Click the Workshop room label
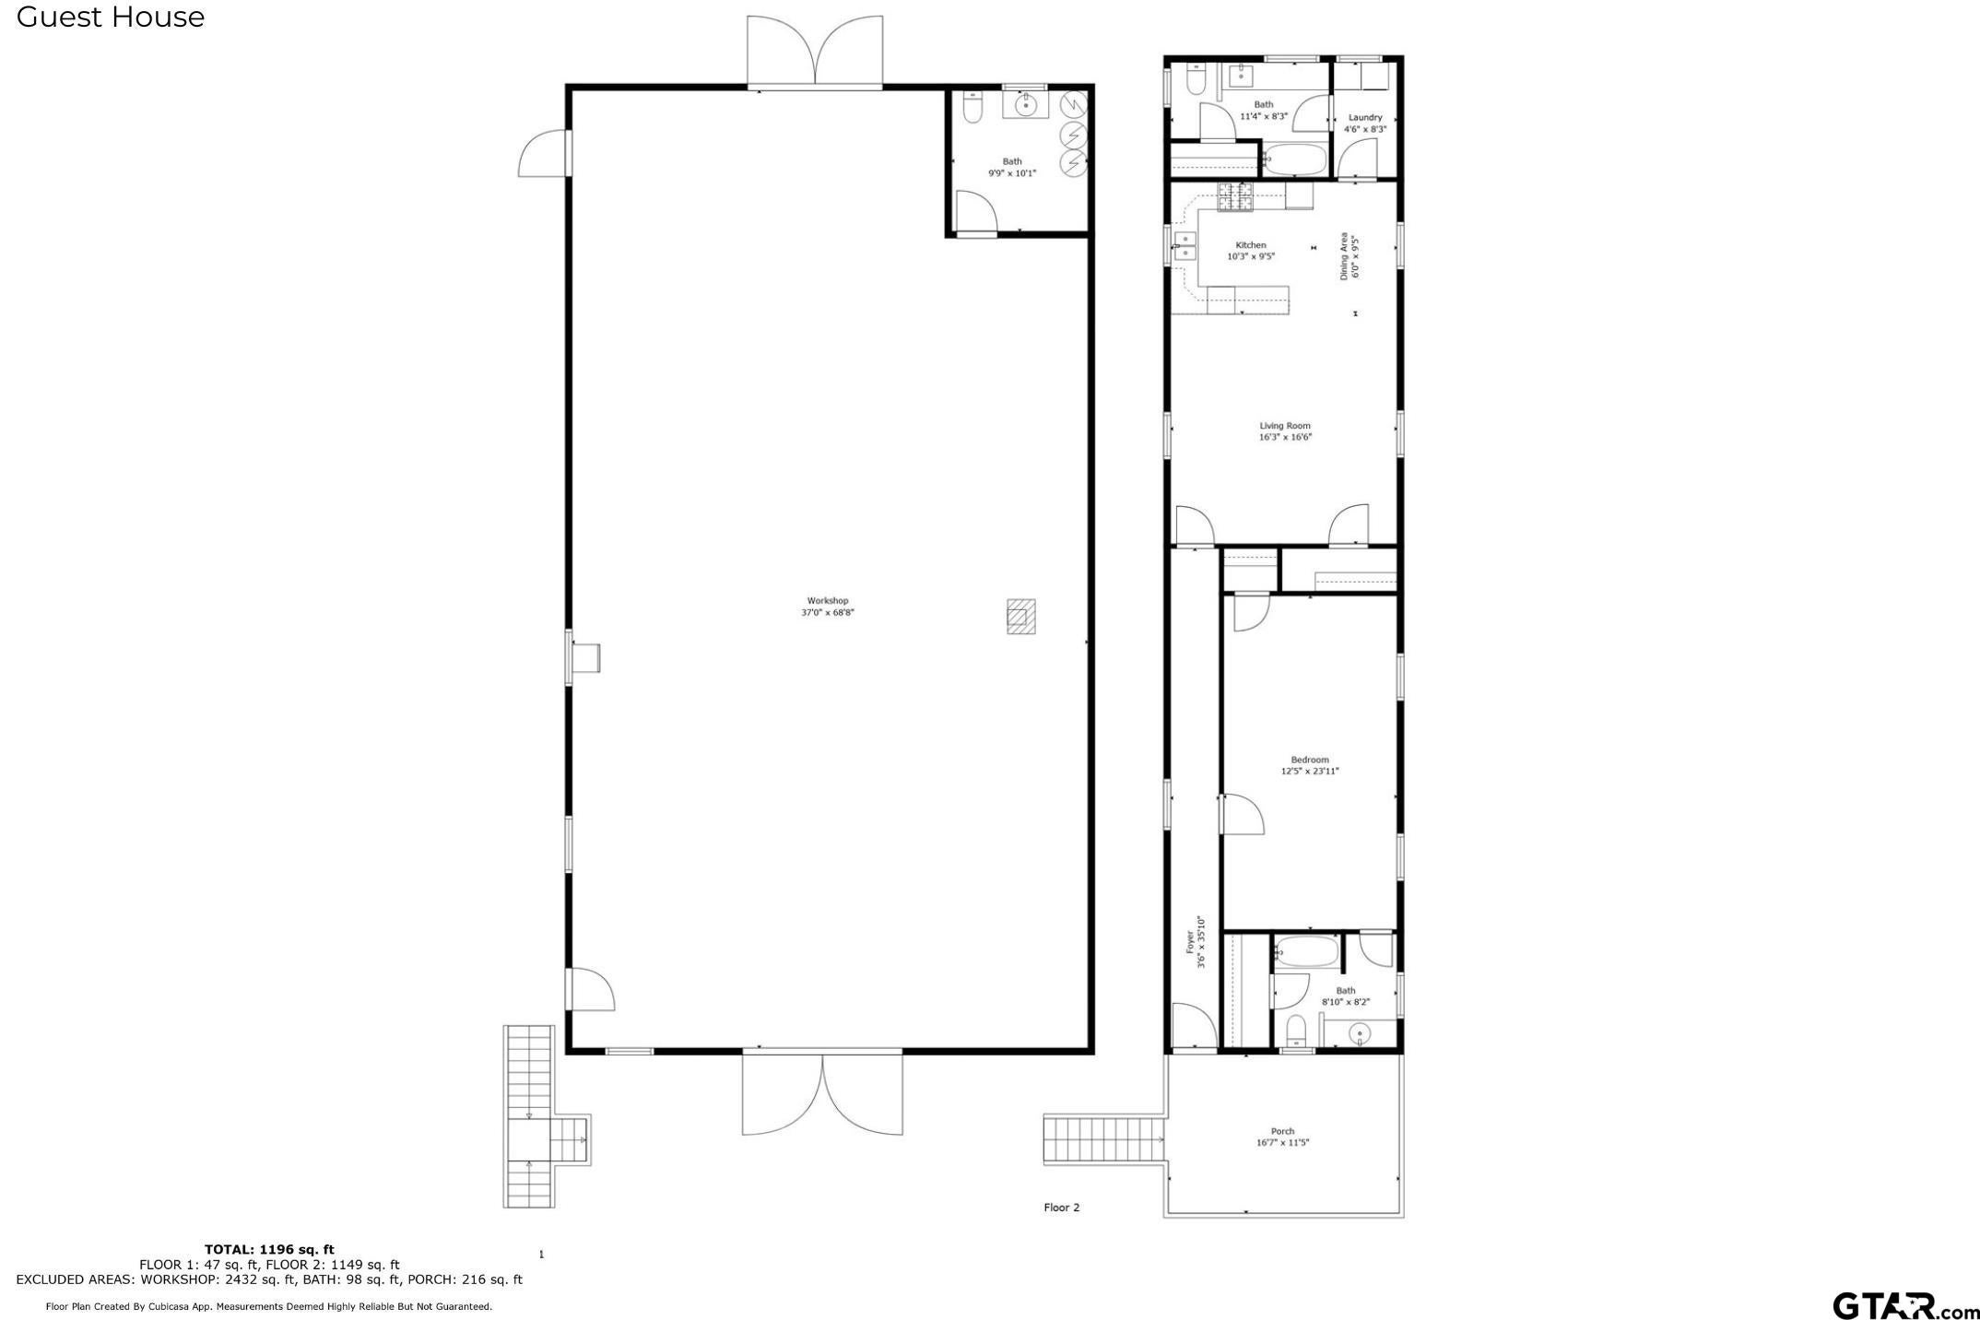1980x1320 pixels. [827, 601]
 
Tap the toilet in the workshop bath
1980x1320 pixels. [971, 109]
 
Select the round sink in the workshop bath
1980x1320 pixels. [1025, 106]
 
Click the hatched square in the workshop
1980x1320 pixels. [1020, 617]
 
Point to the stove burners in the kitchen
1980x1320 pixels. [1235, 196]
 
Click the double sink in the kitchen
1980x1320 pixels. [1184, 247]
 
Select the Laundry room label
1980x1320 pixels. [1364, 118]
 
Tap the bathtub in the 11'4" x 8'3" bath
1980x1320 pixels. [1293, 160]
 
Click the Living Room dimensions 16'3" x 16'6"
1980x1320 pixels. [1285, 438]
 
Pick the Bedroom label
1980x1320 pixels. [1309, 760]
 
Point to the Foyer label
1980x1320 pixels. [1190, 942]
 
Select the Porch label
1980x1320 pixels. [1282, 1131]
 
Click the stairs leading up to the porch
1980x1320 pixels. [1102, 1139]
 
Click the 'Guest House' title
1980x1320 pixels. [111, 17]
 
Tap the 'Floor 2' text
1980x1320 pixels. [1061, 1208]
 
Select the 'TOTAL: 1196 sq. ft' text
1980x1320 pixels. [269, 1250]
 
